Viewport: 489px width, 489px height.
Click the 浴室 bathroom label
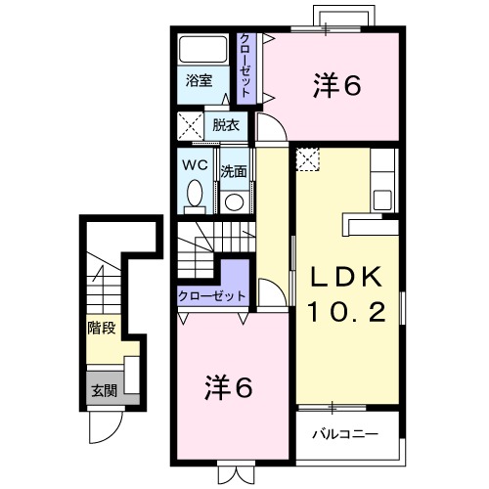coord(200,81)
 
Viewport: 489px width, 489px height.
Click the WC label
coord(194,165)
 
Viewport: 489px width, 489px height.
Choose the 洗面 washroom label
coord(233,171)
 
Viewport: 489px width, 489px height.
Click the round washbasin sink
coord(234,201)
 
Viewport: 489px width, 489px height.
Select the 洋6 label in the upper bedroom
coord(337,86)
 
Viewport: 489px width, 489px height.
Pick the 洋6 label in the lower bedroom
coord(229,388)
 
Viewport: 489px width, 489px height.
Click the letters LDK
coord(346,277)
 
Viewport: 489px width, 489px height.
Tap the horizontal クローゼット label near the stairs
coord(211,296)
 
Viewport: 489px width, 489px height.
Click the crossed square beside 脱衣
coord(190,126)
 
